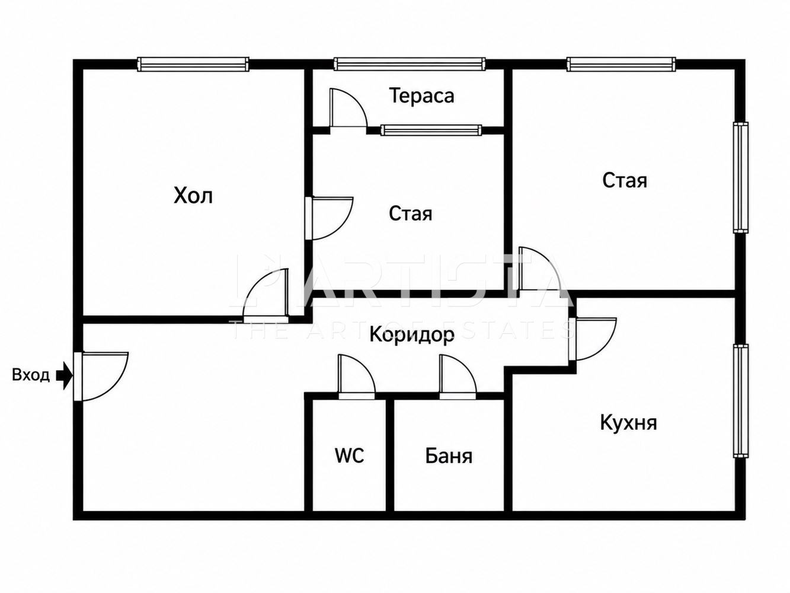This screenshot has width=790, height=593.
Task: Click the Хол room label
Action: tap(193, 196)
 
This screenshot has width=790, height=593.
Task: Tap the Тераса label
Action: tap(422, 96)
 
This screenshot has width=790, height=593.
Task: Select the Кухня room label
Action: tap(628, 422)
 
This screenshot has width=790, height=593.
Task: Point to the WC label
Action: tap(349, 455)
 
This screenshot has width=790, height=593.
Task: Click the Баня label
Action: tap(449, 456)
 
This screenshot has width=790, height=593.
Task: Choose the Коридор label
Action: tap(412, 335)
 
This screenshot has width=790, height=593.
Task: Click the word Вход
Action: tap(31, 375)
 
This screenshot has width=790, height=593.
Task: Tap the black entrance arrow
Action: tap(65, 376)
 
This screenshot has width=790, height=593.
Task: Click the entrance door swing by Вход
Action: tap(101, 376)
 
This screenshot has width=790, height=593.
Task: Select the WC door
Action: tap(357, 377)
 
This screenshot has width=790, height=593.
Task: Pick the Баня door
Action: tap(458, 377)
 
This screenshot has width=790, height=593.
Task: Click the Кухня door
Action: tap(593, 339)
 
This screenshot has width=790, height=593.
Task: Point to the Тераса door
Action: tap(348, 108)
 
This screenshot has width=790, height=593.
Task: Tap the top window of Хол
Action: tap(193, 64)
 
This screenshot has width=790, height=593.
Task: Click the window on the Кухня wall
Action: tap(741, 401)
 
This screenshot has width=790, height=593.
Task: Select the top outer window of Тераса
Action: tap(410, 64)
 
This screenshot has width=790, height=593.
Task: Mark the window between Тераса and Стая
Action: tap(431, 130)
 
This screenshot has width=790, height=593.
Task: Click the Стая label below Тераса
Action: tap(410, 213)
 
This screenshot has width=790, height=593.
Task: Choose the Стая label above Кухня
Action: tap(625, 180)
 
